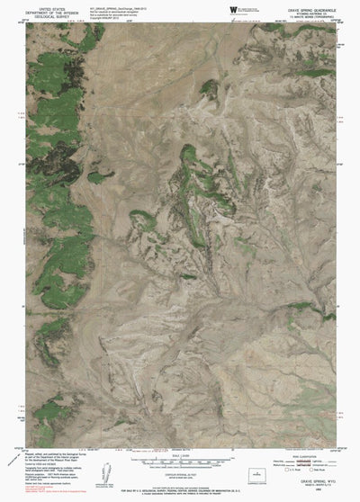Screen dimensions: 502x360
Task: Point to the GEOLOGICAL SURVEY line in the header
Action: (x=46, y=15)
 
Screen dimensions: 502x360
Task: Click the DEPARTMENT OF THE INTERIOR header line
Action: (x=46, y=11)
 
